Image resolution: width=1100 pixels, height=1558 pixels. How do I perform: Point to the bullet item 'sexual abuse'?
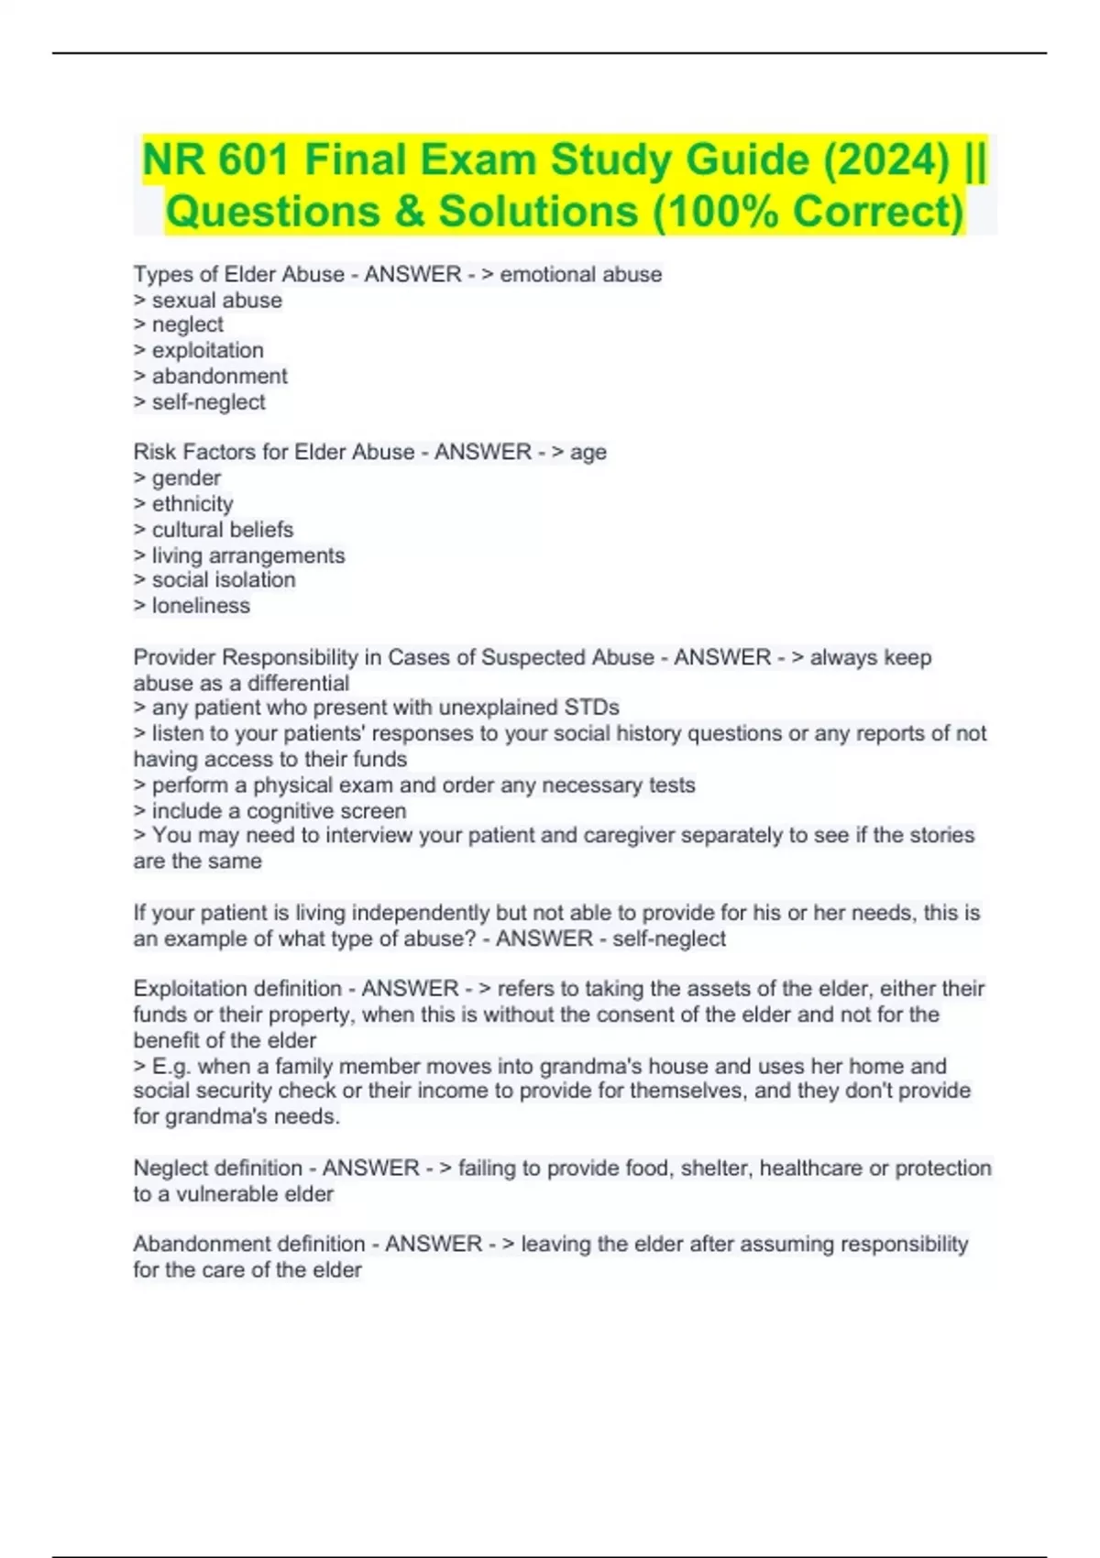pyautogui.click(x=216, y=300)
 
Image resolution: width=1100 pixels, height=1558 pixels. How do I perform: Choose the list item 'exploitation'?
pyautogui.click(x=207, y=350)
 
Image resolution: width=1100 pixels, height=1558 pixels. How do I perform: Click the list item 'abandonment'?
pyautogui.click(x=219, y=376)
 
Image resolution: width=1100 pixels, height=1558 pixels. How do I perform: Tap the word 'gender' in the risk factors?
pyautogui.click(x=186, y=477)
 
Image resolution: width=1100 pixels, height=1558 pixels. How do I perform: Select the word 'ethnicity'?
pyautogui.click(x=192, y=503)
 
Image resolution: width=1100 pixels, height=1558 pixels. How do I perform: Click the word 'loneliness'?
pyautogui.click(x=201, y=605)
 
